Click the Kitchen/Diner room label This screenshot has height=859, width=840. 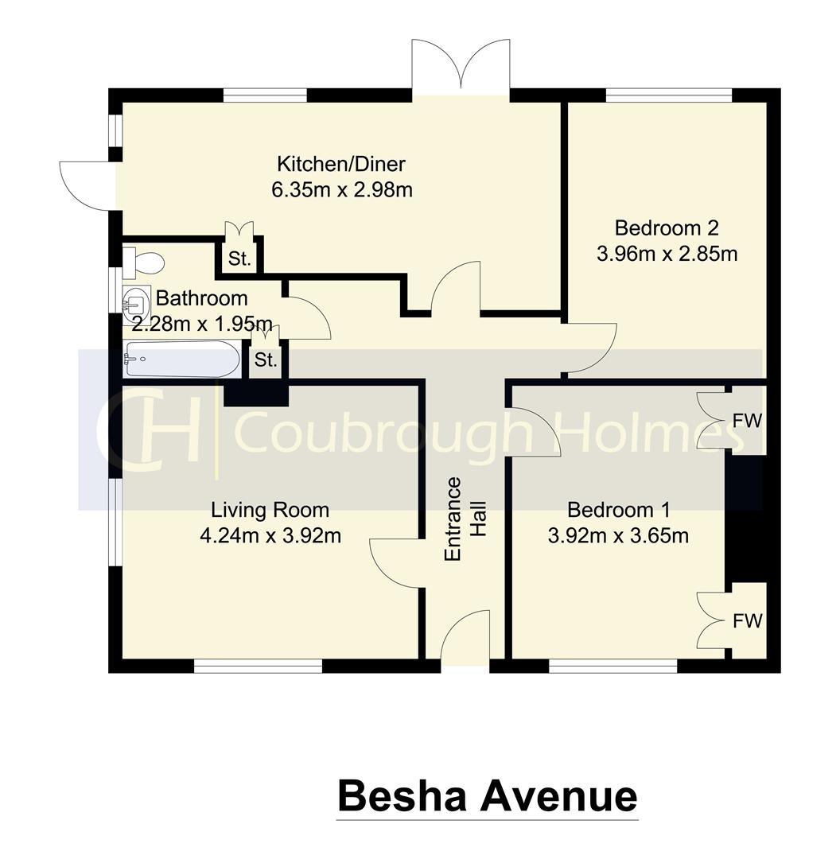340,165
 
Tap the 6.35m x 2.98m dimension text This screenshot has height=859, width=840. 340,190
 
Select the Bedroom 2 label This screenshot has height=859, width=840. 667,228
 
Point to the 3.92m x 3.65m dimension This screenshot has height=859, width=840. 618,535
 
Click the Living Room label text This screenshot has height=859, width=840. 270,509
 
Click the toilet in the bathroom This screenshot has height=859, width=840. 144,261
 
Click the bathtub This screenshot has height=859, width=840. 181,360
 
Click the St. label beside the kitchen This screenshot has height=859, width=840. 239,258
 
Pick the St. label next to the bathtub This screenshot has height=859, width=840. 266,360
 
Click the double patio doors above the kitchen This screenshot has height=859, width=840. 461,68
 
